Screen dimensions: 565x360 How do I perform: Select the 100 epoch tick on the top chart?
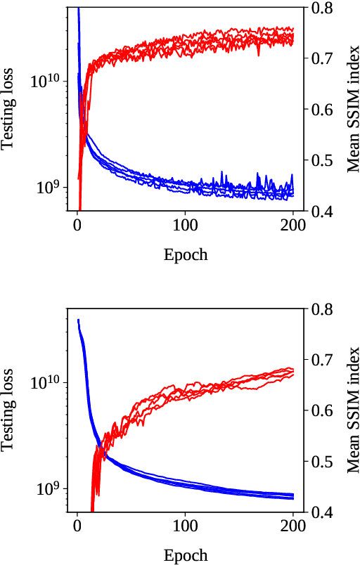click(185, 226)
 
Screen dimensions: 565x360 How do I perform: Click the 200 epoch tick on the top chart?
click(292, 226)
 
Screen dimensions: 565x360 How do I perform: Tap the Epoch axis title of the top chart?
click(185, 254)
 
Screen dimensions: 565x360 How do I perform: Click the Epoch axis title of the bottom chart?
click(185, 555)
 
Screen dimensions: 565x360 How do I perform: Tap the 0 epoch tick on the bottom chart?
click(77, 528)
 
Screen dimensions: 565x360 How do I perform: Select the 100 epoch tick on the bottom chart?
click(185, 528)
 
